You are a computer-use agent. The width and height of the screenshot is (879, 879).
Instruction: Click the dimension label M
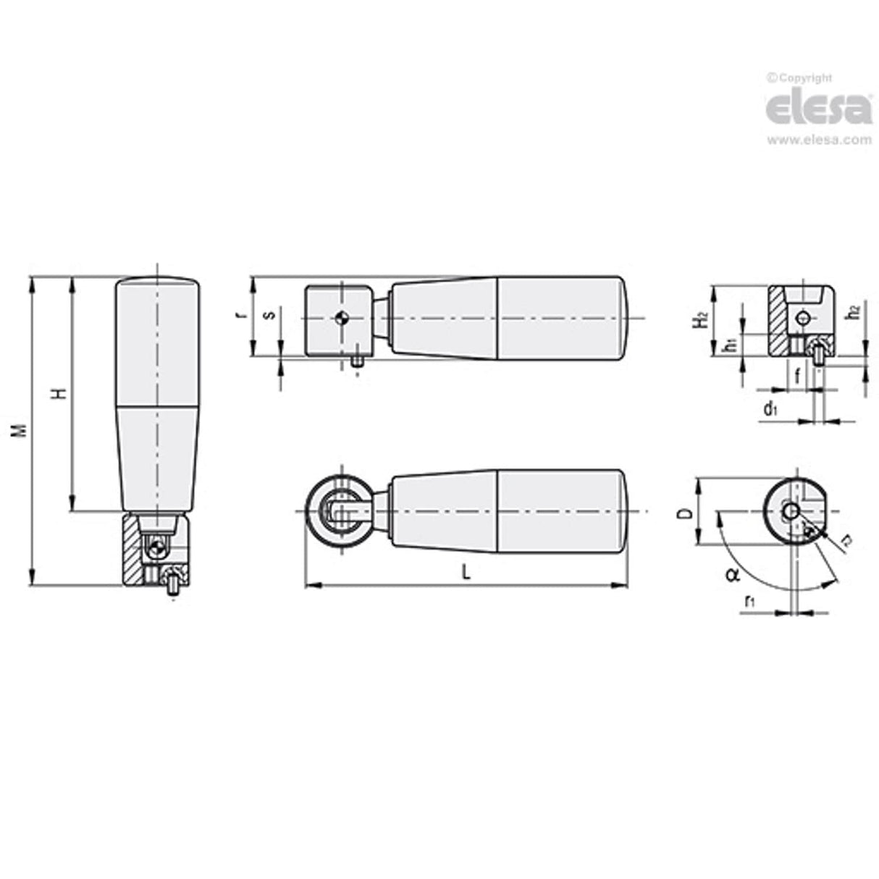point(22,429)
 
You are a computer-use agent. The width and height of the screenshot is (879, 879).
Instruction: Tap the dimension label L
point(466,572)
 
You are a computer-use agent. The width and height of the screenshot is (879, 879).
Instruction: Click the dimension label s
point(269,315)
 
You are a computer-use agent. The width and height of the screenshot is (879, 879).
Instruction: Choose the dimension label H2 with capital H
point(699,319)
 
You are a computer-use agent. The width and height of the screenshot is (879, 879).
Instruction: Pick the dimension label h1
point(731,345)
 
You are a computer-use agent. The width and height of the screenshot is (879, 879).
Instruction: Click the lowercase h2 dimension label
point(854,312)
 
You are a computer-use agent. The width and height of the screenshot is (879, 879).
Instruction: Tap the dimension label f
point(797,375)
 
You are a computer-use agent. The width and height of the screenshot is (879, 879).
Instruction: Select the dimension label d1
point(770,410)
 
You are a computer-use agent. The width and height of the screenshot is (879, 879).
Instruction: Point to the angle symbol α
point(732,576)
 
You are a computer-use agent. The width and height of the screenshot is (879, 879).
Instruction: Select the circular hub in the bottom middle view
point(340,512)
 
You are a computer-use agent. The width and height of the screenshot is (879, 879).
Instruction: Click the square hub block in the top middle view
point(338,320)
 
